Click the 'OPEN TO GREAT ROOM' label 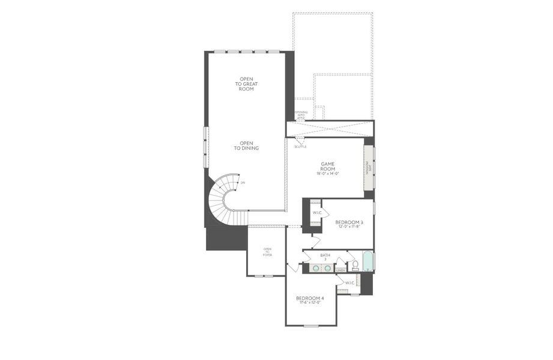coord(246,84)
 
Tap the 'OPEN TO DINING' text coord(246,146)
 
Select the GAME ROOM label coord(328,166)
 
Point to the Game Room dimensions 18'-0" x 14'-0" coord(328,174)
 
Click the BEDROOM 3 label coord(349,222)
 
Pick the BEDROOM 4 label coord(310,298)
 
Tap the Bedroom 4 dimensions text coord(310,303)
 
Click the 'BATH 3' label coord(325,257)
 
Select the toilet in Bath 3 coord(355,264)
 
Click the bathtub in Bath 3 coord(367,262)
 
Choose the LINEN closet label coord(340,271)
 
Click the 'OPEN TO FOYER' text coord(267,252)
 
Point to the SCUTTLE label coord(300,146)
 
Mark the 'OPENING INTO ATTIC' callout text coord(301,115)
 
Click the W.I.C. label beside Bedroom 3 coord(316,213)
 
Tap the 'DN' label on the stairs coord(242,182)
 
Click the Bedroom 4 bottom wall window coord(310,326)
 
